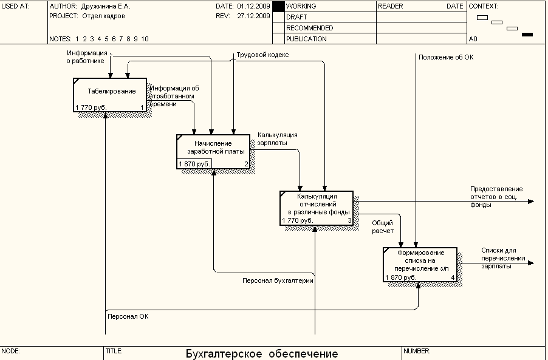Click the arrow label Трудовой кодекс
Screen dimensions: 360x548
tap(262, 55)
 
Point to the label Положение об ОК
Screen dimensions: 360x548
tap(446, 57)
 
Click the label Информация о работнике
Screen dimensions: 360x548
tap(87, 56)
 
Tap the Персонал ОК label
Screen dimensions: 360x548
tap(128, 316)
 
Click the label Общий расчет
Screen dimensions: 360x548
tap(383, 227)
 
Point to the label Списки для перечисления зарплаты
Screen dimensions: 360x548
tap(499, 258)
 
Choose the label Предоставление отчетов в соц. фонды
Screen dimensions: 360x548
tap(496, 197)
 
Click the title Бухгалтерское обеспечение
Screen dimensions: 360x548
tap(262, 354)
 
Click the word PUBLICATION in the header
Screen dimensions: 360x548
tap(306, 39)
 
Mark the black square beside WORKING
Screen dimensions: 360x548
tap(278, 6)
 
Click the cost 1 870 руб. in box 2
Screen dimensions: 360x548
tap(194, 164)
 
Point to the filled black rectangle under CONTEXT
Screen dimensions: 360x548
tap(527, 35)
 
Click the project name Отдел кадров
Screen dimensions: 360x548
tap(103, 16)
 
